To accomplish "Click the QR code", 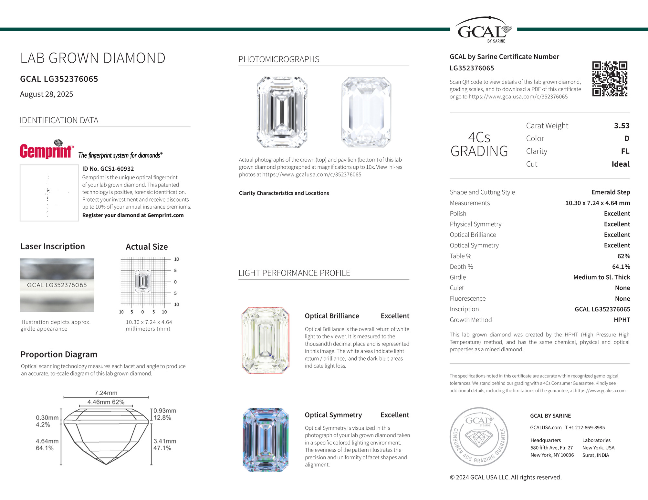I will [x=610, y=79].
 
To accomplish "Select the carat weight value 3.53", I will [x=622, y=126].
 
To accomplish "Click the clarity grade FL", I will [x=625, y=151].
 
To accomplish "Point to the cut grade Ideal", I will [x=620, y=164].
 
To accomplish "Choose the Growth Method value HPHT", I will [x=622, y=320].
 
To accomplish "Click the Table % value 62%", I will [x=623, y=256].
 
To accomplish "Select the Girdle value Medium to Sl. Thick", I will [x=601, y=277].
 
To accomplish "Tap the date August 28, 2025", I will [x=47, y=94].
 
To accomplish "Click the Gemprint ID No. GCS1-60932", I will [x=108, y=169].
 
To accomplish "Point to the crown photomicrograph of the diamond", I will [x=282, y=112].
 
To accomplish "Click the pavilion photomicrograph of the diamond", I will [x=366, y=112].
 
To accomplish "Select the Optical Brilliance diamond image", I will [x=266, y=340].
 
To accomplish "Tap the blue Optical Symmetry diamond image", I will [x=266, y=440].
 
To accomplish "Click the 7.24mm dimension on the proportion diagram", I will [x=106, y=393].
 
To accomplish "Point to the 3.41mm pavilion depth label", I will [x=165, y=441].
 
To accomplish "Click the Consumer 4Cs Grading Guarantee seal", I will [x=479, y=436].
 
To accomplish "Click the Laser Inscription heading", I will [x=53, y=246].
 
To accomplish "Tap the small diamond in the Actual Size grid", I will [x=142, y=281].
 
